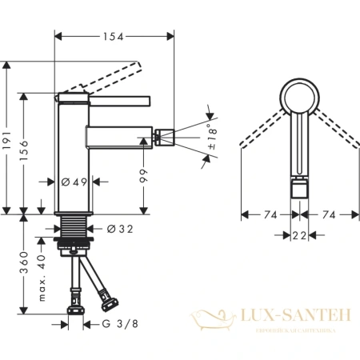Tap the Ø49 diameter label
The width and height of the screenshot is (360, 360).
click(75, 182)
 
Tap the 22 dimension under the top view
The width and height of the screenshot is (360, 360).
click(300, 234)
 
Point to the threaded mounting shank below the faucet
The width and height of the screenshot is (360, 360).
click(76, 223)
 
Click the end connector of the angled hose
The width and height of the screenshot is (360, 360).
click(106, 303)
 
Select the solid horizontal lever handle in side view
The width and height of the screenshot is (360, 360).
click(119, 99)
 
